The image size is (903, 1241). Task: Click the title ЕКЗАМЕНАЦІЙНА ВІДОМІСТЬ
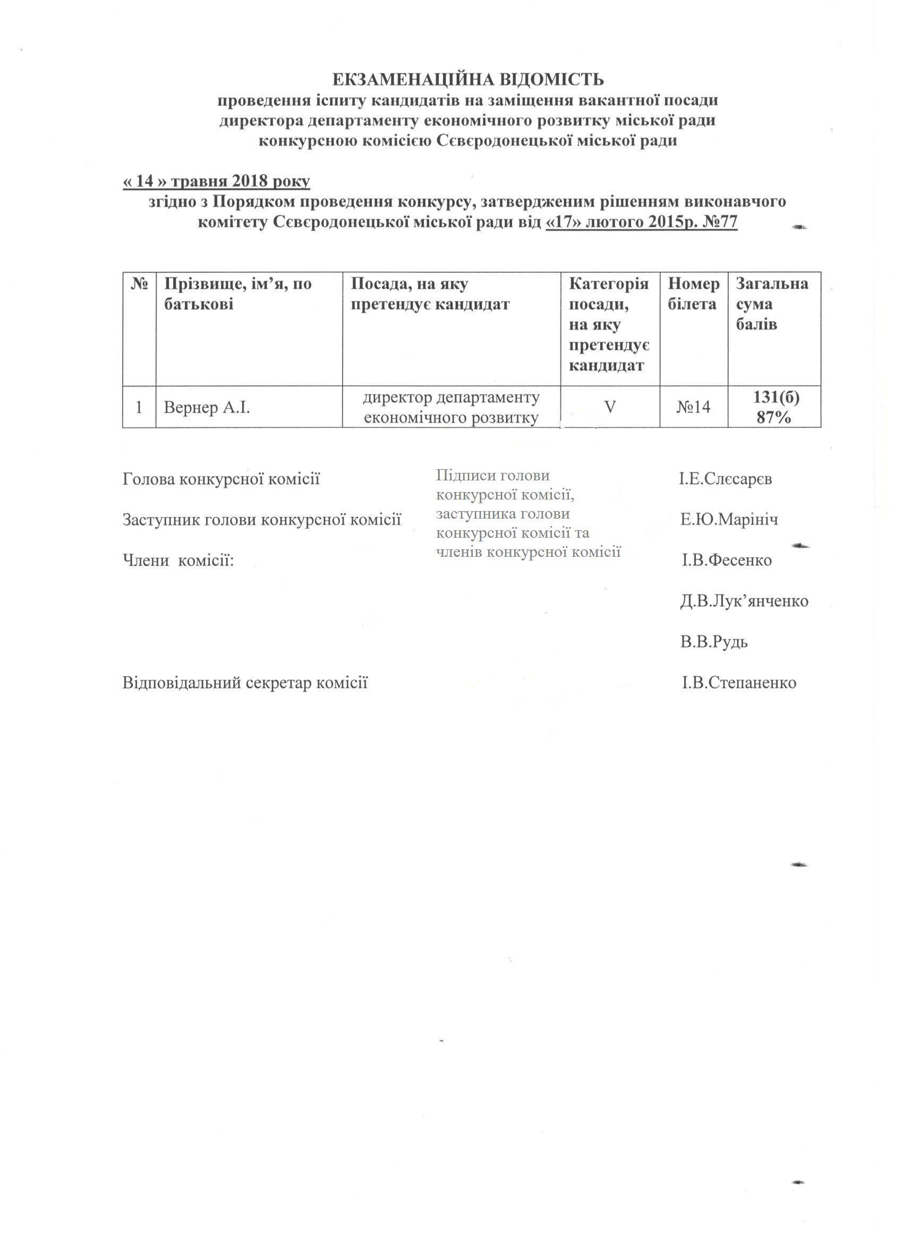467,80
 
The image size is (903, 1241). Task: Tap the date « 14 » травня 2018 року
216,181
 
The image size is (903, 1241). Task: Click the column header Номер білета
693,294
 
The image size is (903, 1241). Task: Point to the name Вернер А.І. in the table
207,408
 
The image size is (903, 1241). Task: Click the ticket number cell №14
693,407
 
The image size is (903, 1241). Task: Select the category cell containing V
609,407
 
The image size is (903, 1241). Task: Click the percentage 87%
774,418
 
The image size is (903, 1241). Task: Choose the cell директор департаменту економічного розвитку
451,408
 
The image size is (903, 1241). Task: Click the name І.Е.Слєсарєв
725,479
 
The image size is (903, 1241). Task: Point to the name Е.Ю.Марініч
728,520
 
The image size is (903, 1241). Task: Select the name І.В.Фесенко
726,561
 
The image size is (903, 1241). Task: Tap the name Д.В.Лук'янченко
744,601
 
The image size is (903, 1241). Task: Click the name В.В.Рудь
713,642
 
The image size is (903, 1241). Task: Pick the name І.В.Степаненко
738,683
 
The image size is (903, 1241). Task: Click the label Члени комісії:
178,561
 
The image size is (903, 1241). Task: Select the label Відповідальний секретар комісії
245,683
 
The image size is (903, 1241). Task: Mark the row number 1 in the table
139,408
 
